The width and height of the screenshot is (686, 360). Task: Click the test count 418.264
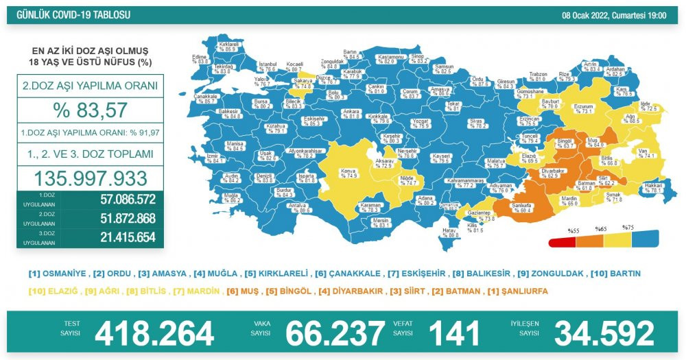[x=154, y=334]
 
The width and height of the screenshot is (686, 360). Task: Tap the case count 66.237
[x=334, y=334]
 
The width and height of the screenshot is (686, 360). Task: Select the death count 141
[x=453, y=334]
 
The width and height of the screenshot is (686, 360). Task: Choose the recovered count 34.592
[x=604, y=334]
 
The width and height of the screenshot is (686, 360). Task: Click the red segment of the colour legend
[x=562, y=241]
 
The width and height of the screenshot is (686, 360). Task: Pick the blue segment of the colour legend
[x=645, y=237]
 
